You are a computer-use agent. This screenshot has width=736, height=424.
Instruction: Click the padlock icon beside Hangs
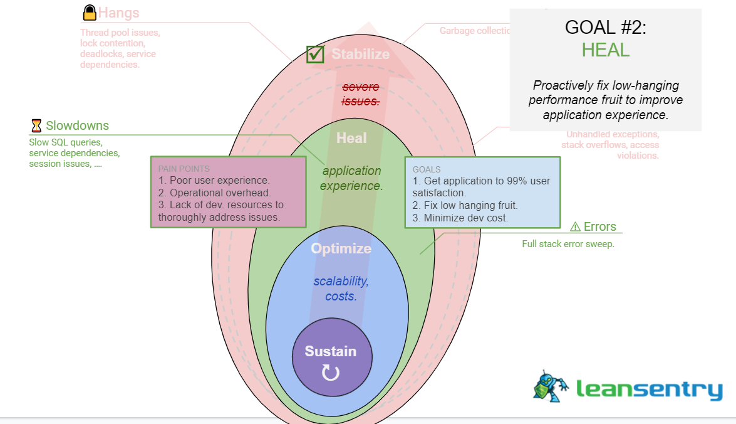[90, 13]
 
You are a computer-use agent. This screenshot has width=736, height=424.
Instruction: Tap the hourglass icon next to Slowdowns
[36, 125]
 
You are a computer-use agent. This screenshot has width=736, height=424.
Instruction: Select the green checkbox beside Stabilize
[315, 55]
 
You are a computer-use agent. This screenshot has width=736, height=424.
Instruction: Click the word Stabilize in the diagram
[360, 55]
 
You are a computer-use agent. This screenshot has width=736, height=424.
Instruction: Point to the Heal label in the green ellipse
[351, 138]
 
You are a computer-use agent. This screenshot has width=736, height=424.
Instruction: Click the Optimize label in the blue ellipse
[341, 248]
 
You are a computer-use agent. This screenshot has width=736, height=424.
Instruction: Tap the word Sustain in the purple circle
[331, 351]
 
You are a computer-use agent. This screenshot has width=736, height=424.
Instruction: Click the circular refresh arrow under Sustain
[331, 373]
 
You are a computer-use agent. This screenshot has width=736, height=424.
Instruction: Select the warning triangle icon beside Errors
[575, 226]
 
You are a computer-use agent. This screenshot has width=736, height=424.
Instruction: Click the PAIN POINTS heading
[184, 169]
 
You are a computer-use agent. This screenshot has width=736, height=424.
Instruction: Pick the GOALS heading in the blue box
[427, 169]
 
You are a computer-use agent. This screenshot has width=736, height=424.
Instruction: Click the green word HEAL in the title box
[605, 50]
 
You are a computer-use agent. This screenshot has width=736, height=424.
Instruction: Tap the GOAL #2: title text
[605, 27]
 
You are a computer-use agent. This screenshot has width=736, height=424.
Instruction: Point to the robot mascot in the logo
[551, 385]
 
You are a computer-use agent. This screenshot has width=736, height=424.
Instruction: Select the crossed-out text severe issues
[360, 94]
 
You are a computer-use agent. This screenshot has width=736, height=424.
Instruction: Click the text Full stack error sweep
[568, 244]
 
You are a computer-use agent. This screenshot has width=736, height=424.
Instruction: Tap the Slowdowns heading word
[77, 125]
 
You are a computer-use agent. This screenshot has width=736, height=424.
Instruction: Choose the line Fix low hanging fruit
[465, 206]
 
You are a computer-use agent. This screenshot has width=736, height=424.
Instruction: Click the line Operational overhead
[214, 193]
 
